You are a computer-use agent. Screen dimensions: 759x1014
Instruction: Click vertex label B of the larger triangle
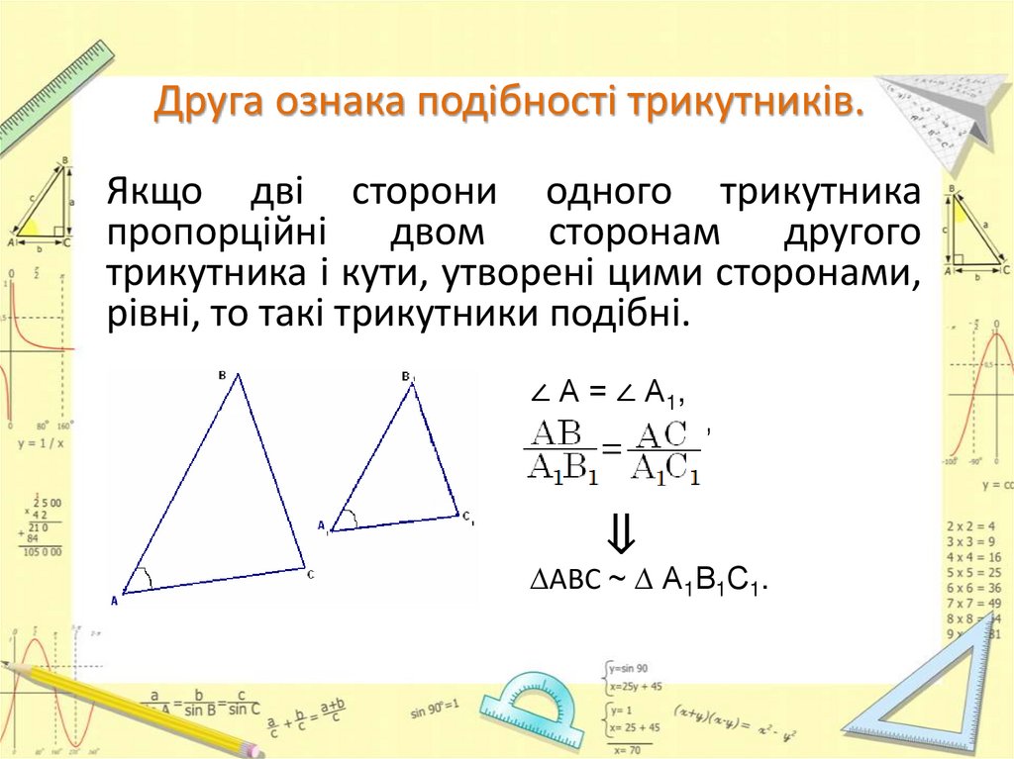[x=223, y=375]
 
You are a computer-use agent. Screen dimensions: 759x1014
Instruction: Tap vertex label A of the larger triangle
[x=115, y=600]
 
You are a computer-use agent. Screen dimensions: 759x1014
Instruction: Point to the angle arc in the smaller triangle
[x=351, y=518]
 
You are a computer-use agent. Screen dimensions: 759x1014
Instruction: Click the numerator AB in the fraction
[x=556, y=433]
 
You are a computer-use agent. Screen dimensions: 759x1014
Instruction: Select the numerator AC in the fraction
[x=662, y=434]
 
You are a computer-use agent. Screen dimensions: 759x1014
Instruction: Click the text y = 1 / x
[x=41, y=443]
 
